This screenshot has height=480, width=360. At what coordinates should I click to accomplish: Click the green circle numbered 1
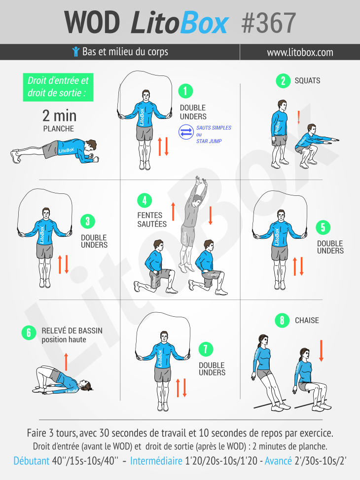(x=185, y=91)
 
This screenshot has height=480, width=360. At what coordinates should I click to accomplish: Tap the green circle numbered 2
(x=283, y=81)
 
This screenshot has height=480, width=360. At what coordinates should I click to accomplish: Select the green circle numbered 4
(x=144, y=200)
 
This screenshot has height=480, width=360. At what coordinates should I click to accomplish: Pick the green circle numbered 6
(x=29, y=333)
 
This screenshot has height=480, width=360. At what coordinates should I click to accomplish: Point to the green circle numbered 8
(x=282, y=321)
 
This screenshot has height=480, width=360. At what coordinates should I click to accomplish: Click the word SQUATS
(x=307, y=81)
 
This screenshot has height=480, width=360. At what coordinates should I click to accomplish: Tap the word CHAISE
(x=307, y=321)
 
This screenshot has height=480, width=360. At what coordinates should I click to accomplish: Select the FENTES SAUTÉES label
(x=152, y=220)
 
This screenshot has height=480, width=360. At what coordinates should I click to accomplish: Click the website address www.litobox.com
(x=300, y=52)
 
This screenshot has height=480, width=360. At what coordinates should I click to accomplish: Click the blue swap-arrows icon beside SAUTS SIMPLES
(x=186, y=132)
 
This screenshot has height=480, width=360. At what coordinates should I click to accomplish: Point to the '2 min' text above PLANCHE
(x=59, y=116)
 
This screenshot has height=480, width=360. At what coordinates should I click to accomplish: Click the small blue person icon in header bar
(x=75, y=52)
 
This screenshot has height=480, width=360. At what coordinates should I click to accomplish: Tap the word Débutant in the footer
(x=31, y=461)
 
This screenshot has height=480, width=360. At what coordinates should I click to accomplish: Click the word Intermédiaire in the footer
(x=156, y=461)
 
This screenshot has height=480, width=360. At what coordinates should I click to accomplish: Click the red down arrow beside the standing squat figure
(x=299, y=117)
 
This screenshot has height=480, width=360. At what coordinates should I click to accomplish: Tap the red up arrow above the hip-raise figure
(x=66, y=361)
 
